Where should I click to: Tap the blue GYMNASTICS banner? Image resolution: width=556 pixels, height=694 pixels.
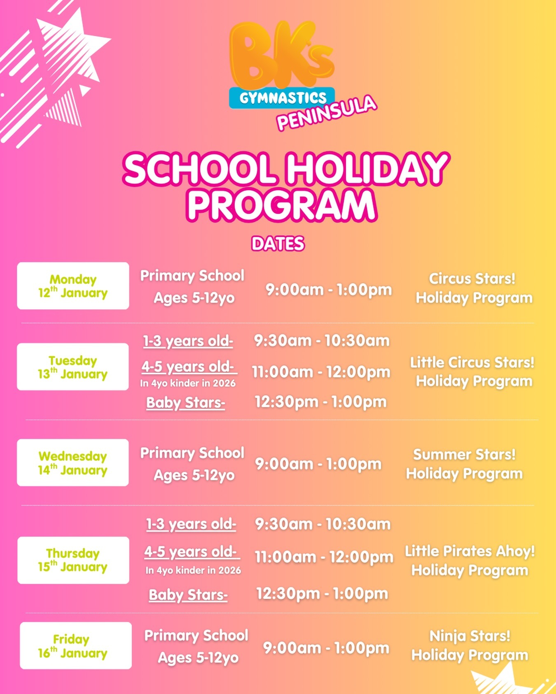[x=282, y=98]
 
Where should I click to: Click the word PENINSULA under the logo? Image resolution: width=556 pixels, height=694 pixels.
[x=327, y=113]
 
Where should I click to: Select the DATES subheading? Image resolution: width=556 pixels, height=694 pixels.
[x=278, y=244]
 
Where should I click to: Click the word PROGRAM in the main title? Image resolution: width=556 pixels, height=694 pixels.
[x=282, y=205]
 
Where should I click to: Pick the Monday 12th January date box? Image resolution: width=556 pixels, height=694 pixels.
[x=73, y=286]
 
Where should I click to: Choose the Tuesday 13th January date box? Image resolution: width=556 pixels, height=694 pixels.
[x=73, y=367]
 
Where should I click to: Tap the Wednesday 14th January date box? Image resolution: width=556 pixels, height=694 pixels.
[x=73, y=463]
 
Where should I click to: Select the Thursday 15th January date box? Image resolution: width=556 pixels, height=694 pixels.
[x=73, y=560]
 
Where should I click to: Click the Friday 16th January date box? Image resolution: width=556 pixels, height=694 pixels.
[x=76, y=645]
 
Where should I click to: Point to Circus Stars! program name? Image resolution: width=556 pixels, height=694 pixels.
[x=472, y=279]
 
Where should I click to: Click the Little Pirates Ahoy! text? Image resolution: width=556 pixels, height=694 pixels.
[x=470, y=551]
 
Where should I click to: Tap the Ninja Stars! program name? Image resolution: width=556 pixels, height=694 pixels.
[x=470, y=636]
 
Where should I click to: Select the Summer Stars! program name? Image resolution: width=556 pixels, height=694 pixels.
[x=465, y=455]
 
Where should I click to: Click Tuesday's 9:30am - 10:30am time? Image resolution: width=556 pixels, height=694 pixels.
[x=322, y=341]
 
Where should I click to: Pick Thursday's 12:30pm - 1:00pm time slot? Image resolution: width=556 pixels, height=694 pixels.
[x=322, y=594]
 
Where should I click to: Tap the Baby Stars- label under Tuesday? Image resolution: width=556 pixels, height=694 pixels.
[x=186, y=403]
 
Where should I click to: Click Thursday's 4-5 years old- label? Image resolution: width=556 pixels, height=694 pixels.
[x=191, y=552]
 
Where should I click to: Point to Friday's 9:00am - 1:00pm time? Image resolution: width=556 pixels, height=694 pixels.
[x=326, y=648]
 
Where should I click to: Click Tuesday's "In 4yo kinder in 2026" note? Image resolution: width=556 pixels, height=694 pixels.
[x=188, y=383]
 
